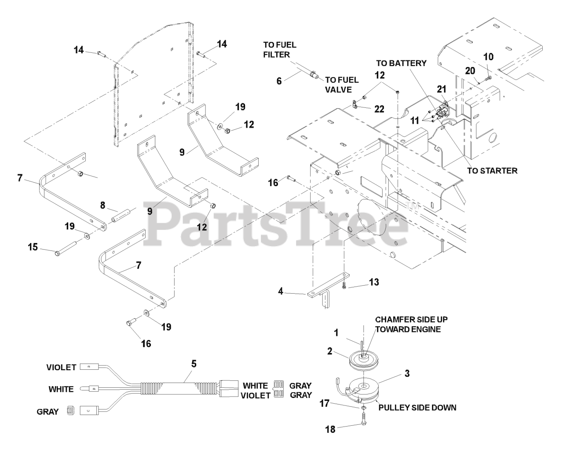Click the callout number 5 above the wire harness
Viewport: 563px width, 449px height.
194,364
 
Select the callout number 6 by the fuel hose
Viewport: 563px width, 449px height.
279,81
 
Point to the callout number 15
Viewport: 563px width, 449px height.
33,247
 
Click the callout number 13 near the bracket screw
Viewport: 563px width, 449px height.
374,282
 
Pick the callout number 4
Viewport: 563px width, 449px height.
281,291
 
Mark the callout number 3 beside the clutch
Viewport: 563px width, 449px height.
407,374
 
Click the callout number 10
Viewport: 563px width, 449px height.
488,57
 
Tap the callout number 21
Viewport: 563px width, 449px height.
441,88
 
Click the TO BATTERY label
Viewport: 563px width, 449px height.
401,63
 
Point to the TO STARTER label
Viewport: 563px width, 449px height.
492,170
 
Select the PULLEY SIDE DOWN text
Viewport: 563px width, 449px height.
417,408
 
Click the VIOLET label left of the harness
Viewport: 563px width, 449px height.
61,367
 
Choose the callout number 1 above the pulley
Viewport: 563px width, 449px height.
336,333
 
